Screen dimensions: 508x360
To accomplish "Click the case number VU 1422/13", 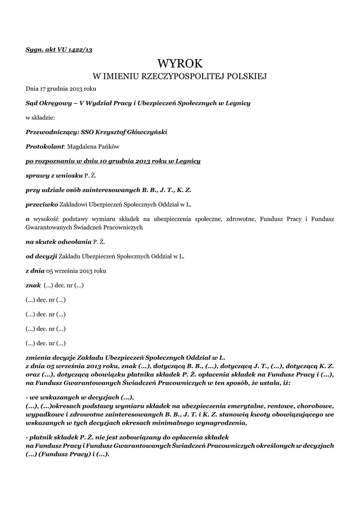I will pyautogui.click(x=75, y=50).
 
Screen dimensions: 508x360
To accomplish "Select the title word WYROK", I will pyautogui.click(x=180, y=63).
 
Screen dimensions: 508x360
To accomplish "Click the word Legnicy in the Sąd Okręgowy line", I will pyautogui.click(x=238, y=103).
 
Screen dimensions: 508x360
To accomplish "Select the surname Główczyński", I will pyautogui.click(x=147, y=132).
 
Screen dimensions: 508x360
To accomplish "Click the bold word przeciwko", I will pyautogui.click(x=42, y=204).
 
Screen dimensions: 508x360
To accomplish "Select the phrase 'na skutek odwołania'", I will pyautogui.click(x=58, y=242).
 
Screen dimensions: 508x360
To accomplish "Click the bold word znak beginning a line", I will pyautogui.click(x=33, y=285).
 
